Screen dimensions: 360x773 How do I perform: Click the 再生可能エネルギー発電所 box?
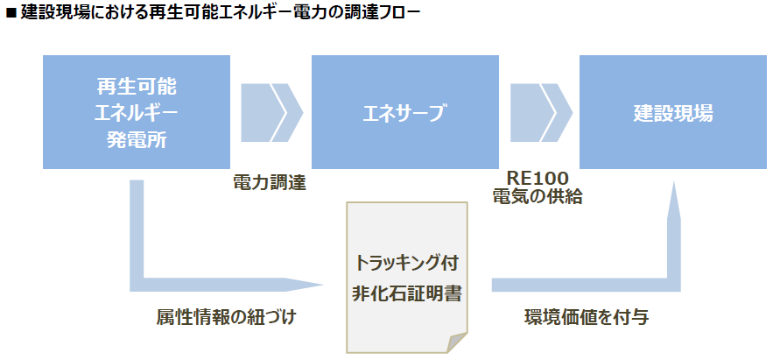[x=136, y=112]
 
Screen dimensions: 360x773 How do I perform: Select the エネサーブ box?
[x=405, y=112]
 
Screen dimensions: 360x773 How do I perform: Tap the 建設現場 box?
[x=672, y=112]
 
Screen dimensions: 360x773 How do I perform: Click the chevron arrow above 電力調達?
[x=271, y=113]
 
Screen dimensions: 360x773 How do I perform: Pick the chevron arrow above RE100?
[x=540, y=113]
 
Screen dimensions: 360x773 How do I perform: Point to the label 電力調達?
[x=270, y=181]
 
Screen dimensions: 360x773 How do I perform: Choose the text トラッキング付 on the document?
[x=405, y=262]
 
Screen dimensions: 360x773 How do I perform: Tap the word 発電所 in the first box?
[x=136, y=138]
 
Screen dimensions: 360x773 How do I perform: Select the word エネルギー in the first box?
[x=136, y=113]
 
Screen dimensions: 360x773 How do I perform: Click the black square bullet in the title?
[x=11, y=13]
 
